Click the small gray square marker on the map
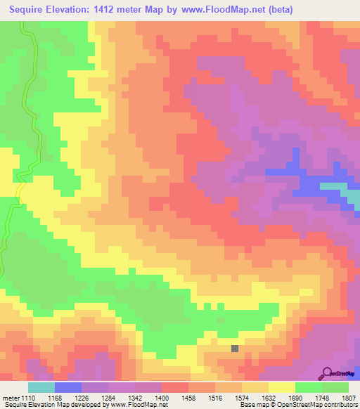coord(235,347)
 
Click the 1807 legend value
coord(349,397)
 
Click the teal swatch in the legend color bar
coord(41,387)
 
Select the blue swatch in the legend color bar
coord(67,387)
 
